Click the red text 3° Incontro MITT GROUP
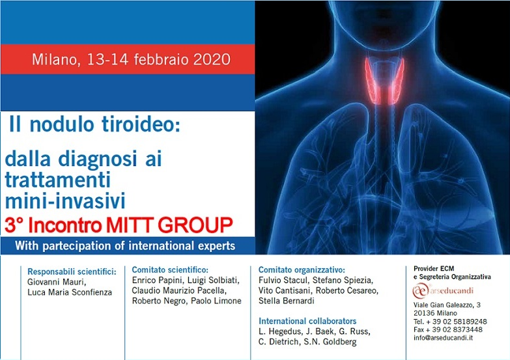[x=119, y=225]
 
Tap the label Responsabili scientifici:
[x=72, y=271]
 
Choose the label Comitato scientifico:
[x=170, y=270]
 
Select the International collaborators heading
[x=307, y=321]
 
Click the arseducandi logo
[x=446, y=290]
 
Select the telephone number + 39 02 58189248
[x=457, y=321]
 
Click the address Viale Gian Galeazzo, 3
[x=451, y=305]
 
